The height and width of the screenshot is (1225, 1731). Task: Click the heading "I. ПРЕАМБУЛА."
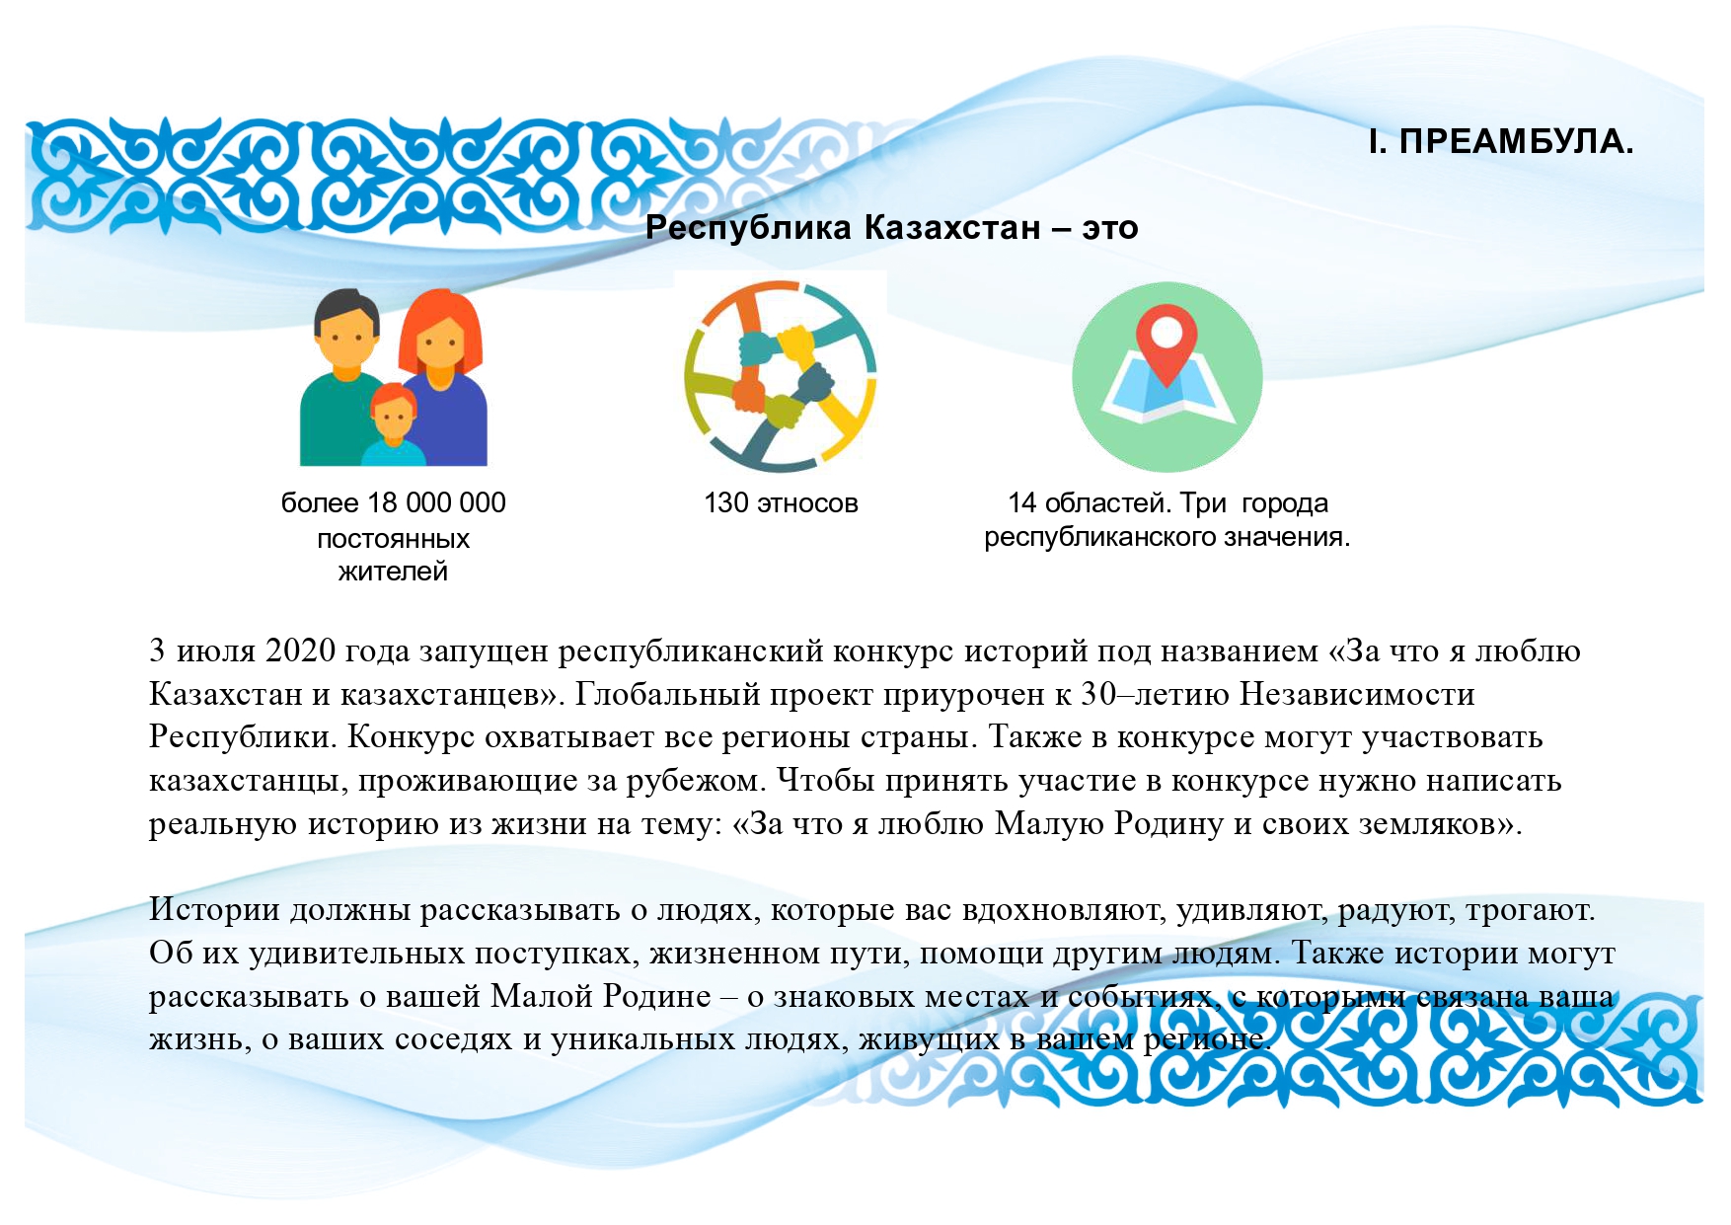(x=1501, y=142)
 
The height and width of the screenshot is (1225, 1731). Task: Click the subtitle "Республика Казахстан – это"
(x=892, y=228)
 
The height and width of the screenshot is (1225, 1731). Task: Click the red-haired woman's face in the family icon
(x=439, y=345)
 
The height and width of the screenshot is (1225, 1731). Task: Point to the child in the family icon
(x=393, y=425)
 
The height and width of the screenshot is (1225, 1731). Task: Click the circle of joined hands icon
(x=780, y=376)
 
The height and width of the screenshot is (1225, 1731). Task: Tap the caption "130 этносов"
(x=781, y=503)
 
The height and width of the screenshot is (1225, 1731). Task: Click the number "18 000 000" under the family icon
(x=436, y=503)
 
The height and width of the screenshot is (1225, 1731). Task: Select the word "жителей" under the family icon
(x=393, y=572)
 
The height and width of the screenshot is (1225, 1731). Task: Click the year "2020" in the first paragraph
(x=301, y=651)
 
